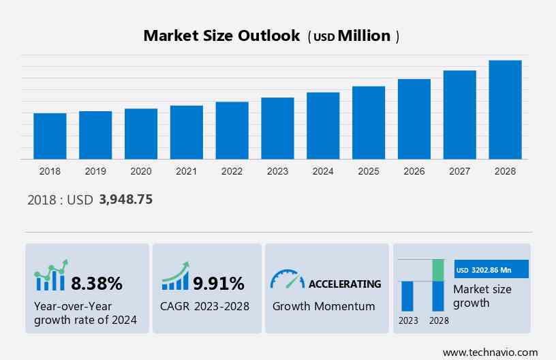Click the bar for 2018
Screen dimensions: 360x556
(x=50, y=136)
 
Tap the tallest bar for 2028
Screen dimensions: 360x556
(x=505, y=110)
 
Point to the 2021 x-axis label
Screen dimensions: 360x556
(x=186, y=171)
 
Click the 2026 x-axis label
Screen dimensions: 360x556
(x=414, y=171)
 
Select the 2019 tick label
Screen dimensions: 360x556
(x=95, y=171)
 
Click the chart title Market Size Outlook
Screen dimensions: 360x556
(x=221, y=36)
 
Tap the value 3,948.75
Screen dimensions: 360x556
(x=125, y=200)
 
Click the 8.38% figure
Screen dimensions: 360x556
(x=97, y=283)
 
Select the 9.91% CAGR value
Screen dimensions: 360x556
(x=218, y=283)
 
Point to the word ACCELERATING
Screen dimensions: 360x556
(x=345, y=284)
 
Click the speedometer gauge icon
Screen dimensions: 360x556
(x=287, y=280)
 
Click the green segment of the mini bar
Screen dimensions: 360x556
(x=438, y=270)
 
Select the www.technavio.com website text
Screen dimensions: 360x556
(x=490, y=352)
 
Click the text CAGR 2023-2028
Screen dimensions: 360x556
(x=205, y=306)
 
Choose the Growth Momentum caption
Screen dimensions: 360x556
(x=324, y=306)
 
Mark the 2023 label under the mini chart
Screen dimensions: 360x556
(x=408, y=320)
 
